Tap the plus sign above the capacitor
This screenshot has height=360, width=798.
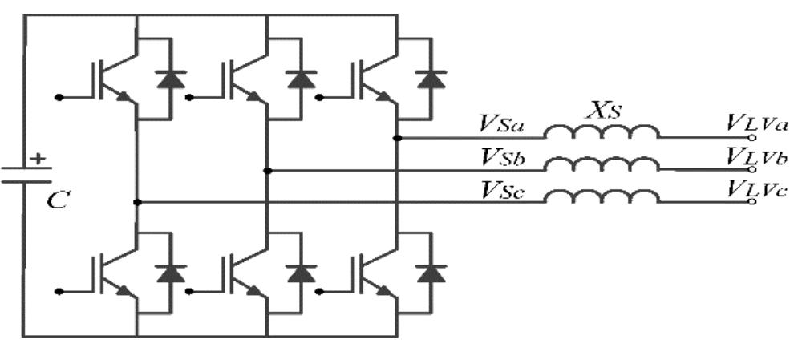pyautogui.click(x=37, y=159)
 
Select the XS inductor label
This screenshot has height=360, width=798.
pyautogui.click(x=604, y=111)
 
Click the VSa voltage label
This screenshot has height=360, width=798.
pyautogui.click(x=504, y=125)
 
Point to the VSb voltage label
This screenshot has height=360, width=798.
pyautogui.click(x=504, y=158)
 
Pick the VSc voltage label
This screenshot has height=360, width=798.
pyautogui.click(x=504, y=190)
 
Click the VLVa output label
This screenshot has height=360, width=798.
pyautogui.click(x=758, y=125)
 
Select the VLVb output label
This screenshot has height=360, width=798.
pyautogui.click(x=758, y=158)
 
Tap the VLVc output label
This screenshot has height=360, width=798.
pyautogui.click(x=758, y=190)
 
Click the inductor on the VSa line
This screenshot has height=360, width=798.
pyautogui.click(x=602, y=132)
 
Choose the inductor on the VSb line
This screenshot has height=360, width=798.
pyautogui.click(x=602, y=164)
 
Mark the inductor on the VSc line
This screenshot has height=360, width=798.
pyautogui.click(x=602, y=196)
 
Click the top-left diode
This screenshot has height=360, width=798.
pyautogui.click(x=171, y=79)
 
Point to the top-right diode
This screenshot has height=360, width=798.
pyautogui.click(x=431, y=79)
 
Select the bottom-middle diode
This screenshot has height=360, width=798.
pyautogui.click(x=302, y=273)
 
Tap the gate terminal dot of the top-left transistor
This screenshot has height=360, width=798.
pyautogui.click(x=59, y=96)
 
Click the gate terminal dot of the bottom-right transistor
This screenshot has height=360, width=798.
pyautogui.click(x=319, y=291)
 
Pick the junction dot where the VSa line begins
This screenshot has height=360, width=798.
pyautogui.click(x=398, y=138)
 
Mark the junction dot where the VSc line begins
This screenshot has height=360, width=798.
pyautogui.click(x=137, y=202)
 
